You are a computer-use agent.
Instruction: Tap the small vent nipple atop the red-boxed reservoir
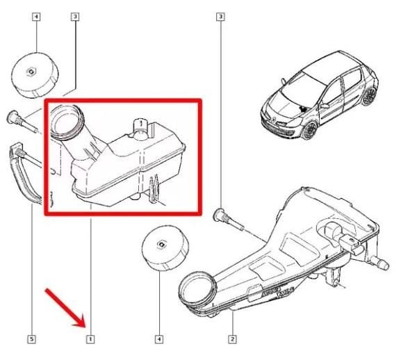[138, 125]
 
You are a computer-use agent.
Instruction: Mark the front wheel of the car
[308, 129]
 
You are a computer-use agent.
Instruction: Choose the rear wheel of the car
[368, 95]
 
